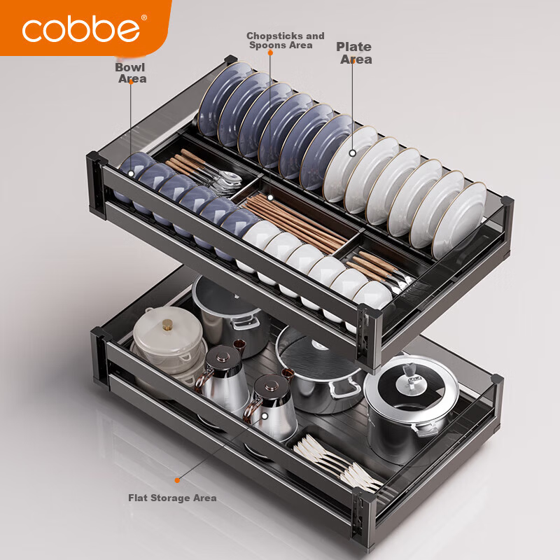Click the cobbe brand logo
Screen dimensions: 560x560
(x=80, y=28)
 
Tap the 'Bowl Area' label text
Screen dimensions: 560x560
(x=131, y=73)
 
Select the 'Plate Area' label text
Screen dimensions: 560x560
(x=354, y=53)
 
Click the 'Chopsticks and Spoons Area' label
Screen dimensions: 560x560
(x=285, y=41)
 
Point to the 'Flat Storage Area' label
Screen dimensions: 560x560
(x=172, y=498)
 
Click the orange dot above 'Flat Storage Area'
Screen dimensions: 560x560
(x=177, y=480)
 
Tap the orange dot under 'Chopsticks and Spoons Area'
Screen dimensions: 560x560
(x=270, y=53)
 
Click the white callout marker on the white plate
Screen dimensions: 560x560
(x=353, y=153)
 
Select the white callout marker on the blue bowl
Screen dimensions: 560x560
(x=131, y=174)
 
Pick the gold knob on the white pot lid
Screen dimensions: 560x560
(x=167, y=325)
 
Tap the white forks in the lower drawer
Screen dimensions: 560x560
(x=337, y=463)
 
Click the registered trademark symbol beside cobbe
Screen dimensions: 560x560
(x=144, y=17)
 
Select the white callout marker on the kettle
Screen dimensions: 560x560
(x=265, y=416)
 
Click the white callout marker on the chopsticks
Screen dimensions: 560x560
(x=270, y=197)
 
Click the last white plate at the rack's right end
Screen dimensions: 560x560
(x=460, y=220)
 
